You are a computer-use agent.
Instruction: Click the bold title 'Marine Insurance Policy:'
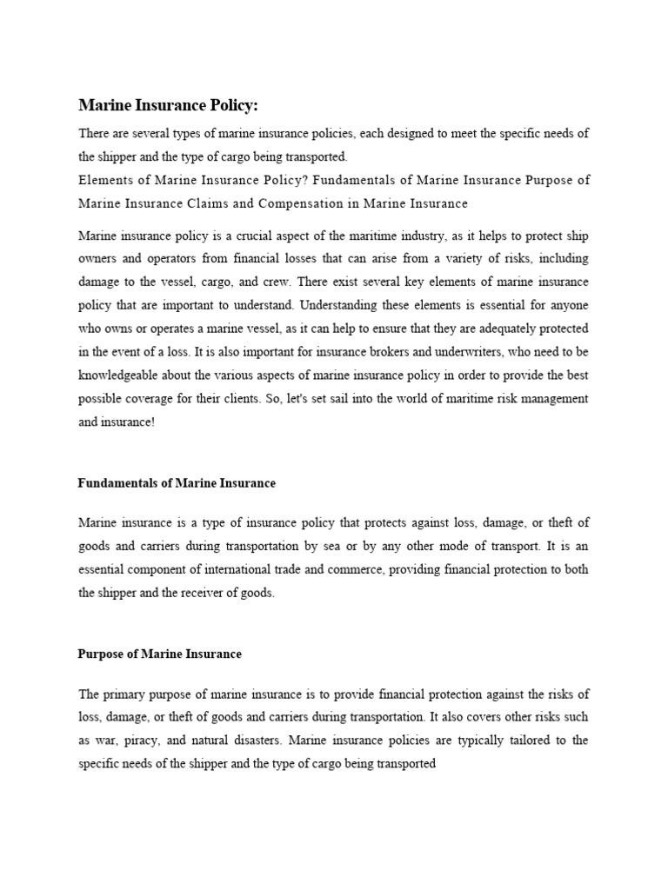pos(169,105)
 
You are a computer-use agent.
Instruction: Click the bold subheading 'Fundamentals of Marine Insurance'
pos(177,482)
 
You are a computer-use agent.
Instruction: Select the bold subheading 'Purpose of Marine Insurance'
pos(160,654)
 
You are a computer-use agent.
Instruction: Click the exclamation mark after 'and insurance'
pos(151,422)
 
